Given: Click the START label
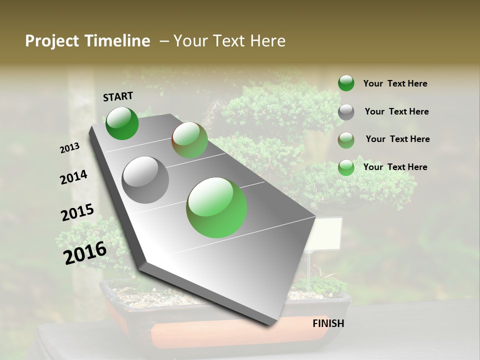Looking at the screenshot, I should point(118,96).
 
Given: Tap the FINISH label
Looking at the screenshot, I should point(328,323).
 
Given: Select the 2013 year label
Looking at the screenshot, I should point(70,148).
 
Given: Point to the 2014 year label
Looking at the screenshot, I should point(74,177).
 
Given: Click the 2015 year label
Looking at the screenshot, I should point(77,212).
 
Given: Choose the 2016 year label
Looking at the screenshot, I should point(85,252).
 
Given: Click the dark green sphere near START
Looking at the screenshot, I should point(122,123).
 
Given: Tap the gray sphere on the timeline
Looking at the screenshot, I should point(145,179).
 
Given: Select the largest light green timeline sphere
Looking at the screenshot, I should point(216,207).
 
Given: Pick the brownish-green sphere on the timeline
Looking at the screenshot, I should point(189,140).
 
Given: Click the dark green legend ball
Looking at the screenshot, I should point(346,83).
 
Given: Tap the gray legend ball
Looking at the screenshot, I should point(346,112).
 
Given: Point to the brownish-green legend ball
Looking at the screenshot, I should point(346,140).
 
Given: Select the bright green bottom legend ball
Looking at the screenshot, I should point(346,167).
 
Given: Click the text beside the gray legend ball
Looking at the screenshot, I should point(396,111).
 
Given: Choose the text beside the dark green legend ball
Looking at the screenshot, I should point(395,83).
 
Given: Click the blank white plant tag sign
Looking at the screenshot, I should point(325,234).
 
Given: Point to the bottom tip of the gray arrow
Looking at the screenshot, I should point(272,324).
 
